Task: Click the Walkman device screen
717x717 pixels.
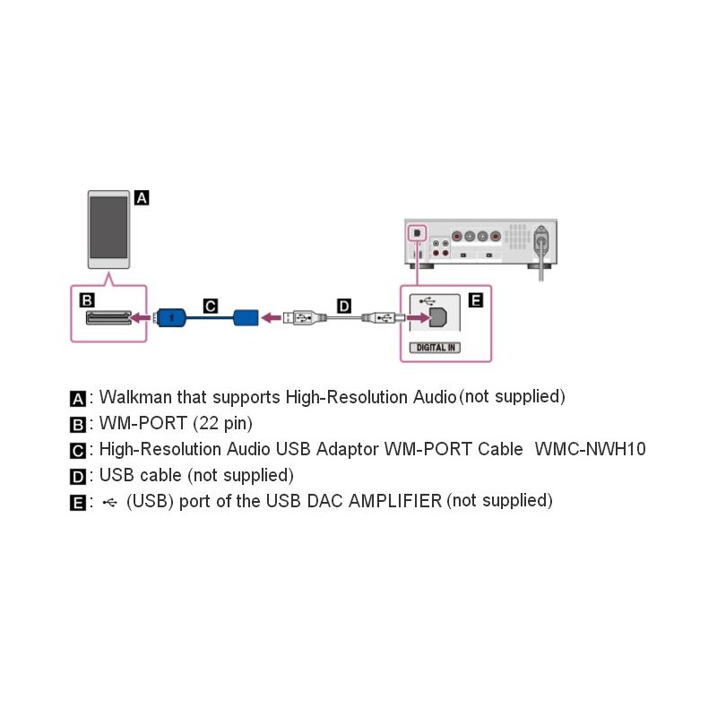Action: pyautogui.click(x=108, y=228)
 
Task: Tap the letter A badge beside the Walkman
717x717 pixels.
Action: pyautogui.click(x=142, y=198)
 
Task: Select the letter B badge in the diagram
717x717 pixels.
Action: pyautogui.click(x=87, y=300)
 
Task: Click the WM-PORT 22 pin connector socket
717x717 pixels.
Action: pyautogui.click(x=108, y=317)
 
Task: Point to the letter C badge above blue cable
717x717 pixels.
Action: pyautogui.click(x=211, y=306)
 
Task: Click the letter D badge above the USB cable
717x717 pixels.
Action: pyautogui.click(x=344, y=306)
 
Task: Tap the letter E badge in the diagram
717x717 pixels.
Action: pyautogui.click(x=476, y=300)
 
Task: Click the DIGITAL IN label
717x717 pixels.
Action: pyautogui.click(x=435, y=348)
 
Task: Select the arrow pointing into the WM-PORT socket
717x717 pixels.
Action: pyautogui.click(x=142, y=317)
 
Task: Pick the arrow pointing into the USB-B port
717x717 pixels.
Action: pyautogui.click(x=418, y=317)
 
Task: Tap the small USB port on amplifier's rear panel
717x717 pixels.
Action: pyautogui.click(x=417, y=233)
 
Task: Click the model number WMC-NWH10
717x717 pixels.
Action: pyautogui.click(x=590, y=449)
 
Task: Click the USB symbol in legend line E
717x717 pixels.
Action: pyautogui.click(x=109, y=503)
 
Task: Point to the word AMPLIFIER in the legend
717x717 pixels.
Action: pyautogui.click(x=395, y=501)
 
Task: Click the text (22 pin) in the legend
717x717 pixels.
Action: pyautogui.click(x=222, y=423)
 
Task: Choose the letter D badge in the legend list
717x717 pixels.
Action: pyautogui.click(x=78, y=477)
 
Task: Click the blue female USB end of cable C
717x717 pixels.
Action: pyautogui.click(x=246, y=317)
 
